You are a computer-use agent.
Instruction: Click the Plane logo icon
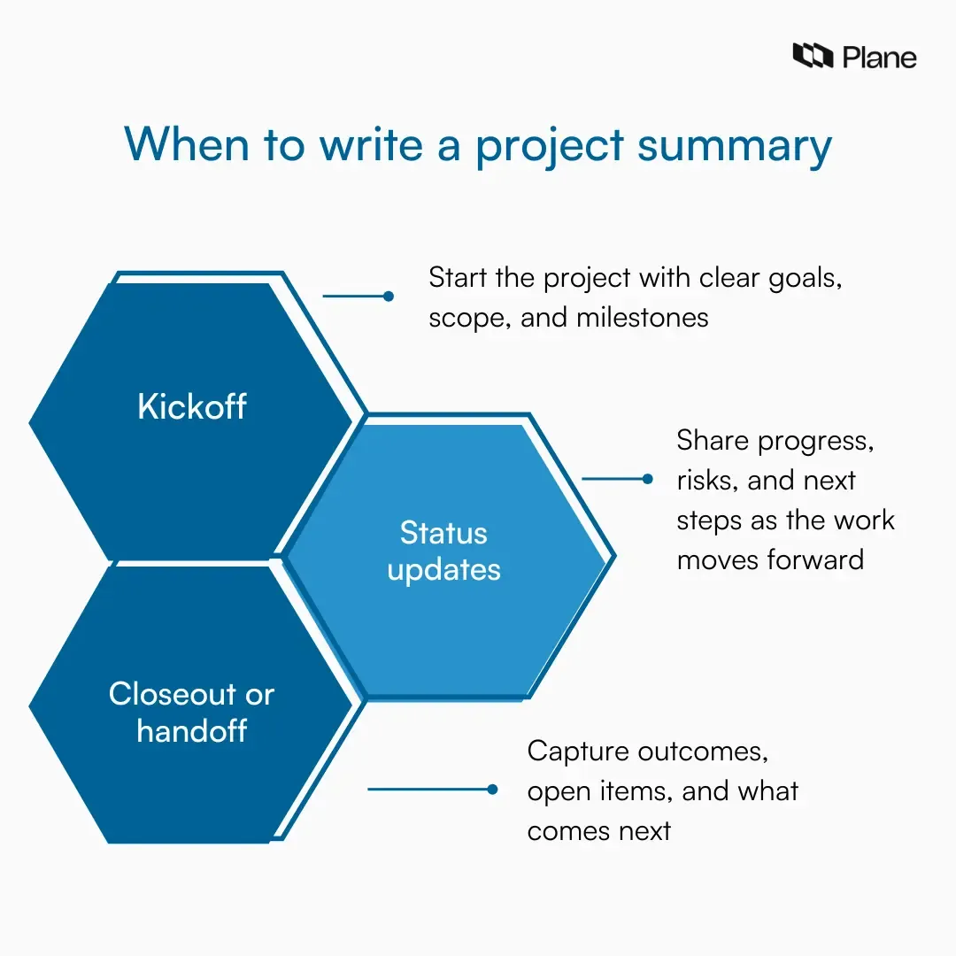pyautogui.click(x=813, y=57)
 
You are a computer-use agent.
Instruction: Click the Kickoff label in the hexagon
pyautogui.click(x=192, y=406)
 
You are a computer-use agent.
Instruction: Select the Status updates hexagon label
pyautogui.click(x=443, y=551)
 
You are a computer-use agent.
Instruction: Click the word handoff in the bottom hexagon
pyautogui.click(x=192, y=731)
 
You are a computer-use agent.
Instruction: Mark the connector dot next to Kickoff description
pyautogui.click(x=388, y=297)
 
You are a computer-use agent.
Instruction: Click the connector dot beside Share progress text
pyautogui.click(x=647, y=479)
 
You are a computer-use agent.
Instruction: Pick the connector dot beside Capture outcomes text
pyautogui.click(x=493, y=789)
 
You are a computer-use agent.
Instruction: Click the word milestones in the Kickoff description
pyautogui.click(x=642, y=318)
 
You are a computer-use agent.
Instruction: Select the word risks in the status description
pyautogui.click(x=707, y=481)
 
